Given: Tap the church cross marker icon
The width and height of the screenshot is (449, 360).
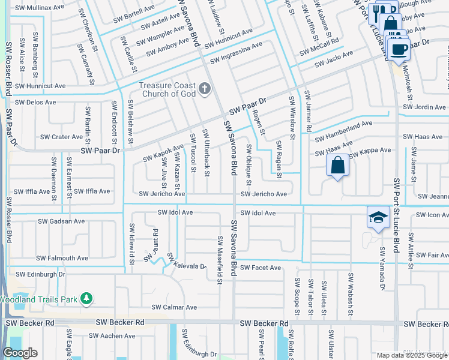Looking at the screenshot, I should tap(205, 90).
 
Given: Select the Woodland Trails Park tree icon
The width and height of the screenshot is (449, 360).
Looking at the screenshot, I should tap(87, 298).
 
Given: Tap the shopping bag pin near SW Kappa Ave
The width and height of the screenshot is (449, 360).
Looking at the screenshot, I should tap(337, 164).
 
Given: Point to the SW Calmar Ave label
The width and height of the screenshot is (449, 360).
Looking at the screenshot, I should tap(174, 307).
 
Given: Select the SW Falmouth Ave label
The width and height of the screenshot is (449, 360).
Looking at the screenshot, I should tap(62, 258).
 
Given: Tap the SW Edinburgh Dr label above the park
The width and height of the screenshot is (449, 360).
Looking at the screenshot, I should tap(40, 274).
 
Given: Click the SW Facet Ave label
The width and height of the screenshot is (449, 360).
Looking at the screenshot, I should tap(261, 268).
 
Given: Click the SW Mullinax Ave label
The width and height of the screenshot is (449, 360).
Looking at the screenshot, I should tap(40, 8).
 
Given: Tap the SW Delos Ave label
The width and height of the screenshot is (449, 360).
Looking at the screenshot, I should tap(35, 102).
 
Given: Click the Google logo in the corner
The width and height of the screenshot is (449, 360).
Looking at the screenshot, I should tap(20, 353).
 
